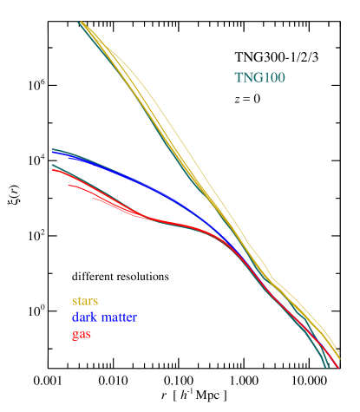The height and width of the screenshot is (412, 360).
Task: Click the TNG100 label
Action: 259,78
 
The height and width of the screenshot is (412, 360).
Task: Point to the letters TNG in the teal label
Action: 247,78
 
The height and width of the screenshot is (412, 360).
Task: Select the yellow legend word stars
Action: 85,301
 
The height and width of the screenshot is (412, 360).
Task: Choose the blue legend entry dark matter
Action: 104,317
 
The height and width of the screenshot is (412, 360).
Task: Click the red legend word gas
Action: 81,334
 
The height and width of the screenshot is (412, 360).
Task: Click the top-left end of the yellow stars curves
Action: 81,23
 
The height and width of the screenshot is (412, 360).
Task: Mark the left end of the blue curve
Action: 53,151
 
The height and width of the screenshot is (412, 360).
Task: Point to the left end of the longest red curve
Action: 53,170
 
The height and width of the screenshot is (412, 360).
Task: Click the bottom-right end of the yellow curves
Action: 338,356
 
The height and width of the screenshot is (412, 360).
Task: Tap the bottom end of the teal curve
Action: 327,367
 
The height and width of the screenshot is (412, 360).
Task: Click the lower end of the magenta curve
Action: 333,368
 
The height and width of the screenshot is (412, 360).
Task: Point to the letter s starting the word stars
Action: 74,301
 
